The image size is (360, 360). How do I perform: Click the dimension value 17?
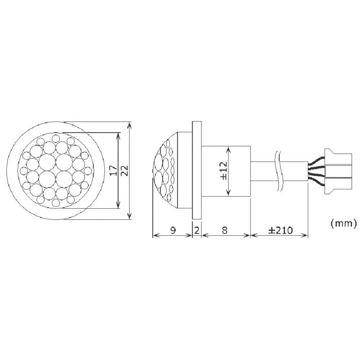point(112,170)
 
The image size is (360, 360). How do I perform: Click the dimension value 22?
point(124,170)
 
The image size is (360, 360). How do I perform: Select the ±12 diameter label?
point(222,171)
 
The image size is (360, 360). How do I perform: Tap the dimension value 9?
point(172,230)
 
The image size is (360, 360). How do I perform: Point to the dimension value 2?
point(197,230)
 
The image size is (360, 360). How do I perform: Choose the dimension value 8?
point(224,230)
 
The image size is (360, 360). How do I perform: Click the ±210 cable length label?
point(280,230)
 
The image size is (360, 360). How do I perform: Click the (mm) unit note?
point(343,224)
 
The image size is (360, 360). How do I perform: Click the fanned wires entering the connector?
point(316,171)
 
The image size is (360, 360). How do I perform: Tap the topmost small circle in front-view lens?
point(55,138)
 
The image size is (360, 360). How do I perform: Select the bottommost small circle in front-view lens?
point(55,203)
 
